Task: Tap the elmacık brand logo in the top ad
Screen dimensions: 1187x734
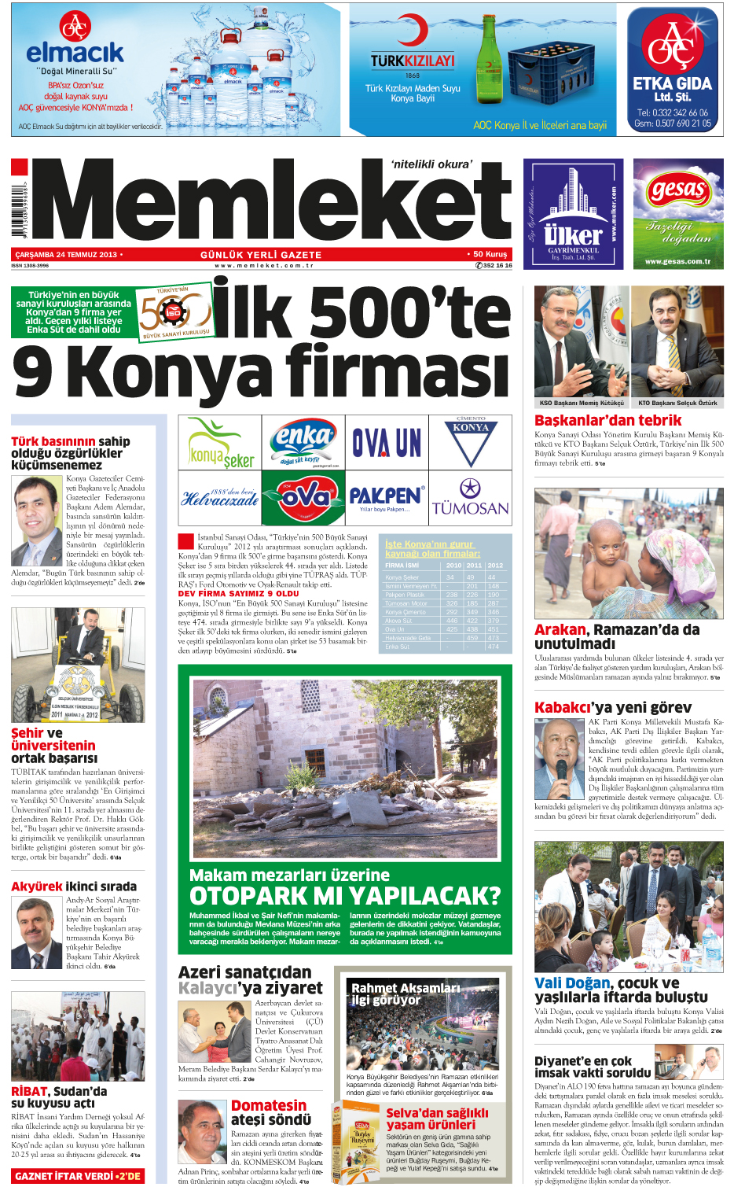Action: point(75,53)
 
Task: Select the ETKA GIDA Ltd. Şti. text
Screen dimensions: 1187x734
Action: point(672,88)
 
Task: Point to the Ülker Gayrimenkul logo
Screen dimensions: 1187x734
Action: point(573,214)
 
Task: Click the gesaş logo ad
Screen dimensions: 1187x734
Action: point(677,214)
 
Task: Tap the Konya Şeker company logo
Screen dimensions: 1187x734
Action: point(219,442)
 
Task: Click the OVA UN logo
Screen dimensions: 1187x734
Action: point(387,443)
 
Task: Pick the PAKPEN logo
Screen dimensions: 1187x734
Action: point(386,498)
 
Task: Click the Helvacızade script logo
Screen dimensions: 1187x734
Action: point(219,498)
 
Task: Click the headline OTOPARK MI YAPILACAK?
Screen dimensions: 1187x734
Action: point(344,896)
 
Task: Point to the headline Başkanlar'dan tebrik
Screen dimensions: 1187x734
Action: point(607,420)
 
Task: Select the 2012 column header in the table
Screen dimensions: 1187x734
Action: point(495,565)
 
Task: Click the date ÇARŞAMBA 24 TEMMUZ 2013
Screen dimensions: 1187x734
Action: point(66,255)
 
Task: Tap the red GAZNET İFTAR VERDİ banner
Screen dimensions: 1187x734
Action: point(77,1176)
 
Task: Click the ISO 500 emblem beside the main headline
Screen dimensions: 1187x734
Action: point(174,313)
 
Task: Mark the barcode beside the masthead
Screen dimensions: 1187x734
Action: point(18,212)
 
